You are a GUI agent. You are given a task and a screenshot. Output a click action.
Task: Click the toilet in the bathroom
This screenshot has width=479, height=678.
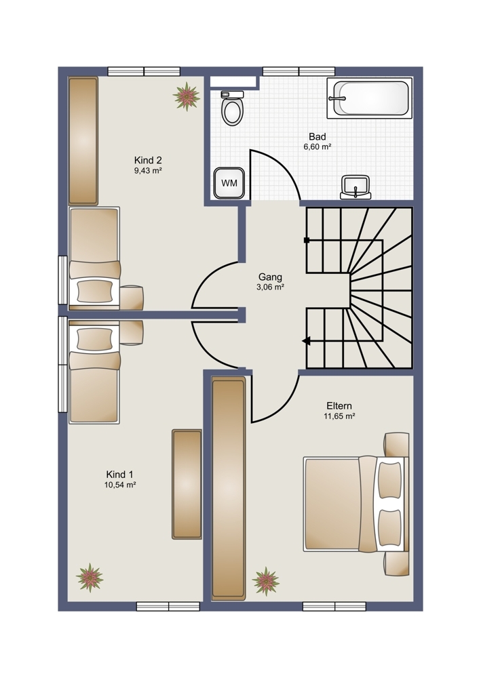coord(232,108)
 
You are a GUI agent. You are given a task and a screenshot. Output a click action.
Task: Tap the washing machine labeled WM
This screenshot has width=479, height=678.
coord(229,183)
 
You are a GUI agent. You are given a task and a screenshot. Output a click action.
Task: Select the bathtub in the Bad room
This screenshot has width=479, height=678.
coord(370,98)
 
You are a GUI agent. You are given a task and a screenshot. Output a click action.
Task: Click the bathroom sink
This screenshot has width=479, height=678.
coord(356,187)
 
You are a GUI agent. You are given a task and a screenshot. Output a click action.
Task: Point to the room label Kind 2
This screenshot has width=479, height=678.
coord(148,160)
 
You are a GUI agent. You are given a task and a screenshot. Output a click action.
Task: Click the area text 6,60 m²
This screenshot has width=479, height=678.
coord(317,146)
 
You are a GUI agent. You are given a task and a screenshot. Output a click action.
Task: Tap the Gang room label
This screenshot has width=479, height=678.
coord(270,277)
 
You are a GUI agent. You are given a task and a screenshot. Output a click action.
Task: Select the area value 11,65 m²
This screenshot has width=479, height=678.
coord(339,416)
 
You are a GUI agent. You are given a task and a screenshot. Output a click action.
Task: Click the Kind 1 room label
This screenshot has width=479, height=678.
coord(120,475)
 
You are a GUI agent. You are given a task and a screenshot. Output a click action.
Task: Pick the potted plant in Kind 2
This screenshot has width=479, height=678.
coord(187,96)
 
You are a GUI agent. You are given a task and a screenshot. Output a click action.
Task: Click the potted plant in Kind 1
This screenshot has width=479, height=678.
coord(90,577)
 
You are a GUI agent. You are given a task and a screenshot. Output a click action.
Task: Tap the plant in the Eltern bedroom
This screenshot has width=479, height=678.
coord(266,581)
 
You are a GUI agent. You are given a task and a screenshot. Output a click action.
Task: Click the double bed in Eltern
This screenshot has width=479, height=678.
coord(356,504)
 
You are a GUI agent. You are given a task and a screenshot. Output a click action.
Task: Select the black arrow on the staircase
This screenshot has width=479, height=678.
coord(307,341)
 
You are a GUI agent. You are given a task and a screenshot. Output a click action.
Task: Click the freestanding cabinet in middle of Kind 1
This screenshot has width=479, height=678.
coord(187,484)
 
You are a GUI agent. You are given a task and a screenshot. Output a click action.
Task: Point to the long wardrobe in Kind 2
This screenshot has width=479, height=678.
coord(83,140)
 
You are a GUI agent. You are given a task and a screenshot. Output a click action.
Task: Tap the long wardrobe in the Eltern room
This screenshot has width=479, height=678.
coord(229,488)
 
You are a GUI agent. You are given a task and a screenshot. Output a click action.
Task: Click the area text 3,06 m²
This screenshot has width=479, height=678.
coord(270,287)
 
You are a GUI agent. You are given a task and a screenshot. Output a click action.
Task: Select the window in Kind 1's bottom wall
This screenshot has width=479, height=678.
coord(168,606)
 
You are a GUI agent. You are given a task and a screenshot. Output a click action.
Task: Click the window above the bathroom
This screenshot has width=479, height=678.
coord(299,71)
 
